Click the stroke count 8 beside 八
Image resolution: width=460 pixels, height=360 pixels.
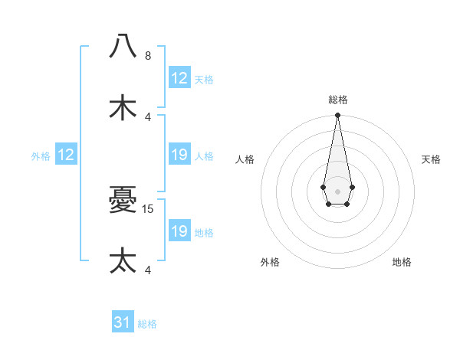click(x=148, y=55)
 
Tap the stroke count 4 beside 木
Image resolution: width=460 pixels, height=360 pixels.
click(x=148, y=116)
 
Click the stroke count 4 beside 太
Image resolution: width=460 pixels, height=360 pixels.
click(x=148, y=270)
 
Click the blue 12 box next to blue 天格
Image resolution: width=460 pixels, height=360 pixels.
click(x=179, y=78)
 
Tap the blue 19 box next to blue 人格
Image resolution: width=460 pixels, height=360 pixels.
click(x=179, y=155)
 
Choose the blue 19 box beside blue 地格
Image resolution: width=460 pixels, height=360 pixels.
click(x=179, y=231)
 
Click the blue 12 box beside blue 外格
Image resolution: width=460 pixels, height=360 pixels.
click(x=66, y=155)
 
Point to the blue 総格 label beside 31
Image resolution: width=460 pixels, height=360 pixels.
click(x=147, y=324)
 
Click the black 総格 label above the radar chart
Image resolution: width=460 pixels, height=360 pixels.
click(x=338, y=100)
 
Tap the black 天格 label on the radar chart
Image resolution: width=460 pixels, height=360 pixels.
click(x=431, y=159)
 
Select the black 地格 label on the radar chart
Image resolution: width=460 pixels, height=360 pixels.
click(x=402, y=262)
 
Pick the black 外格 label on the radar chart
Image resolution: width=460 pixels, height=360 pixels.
click(x=270, y=262)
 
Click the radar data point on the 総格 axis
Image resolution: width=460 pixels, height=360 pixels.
click(x=337, y=116)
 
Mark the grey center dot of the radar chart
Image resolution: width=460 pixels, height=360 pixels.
click(x=337, y=190)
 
